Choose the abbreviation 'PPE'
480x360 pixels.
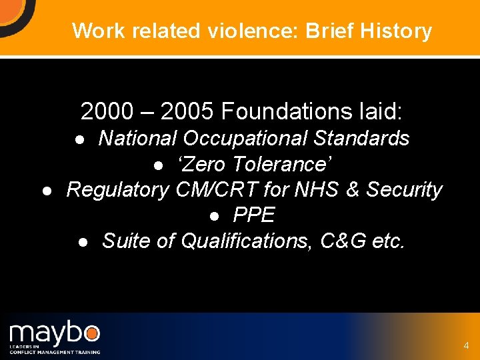pos(254,215)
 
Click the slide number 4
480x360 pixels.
pos(466,346)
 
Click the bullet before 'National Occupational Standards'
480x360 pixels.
pos(79,139)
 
